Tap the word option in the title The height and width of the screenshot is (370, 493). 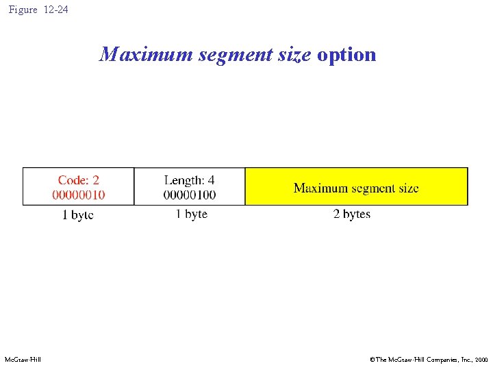tap(346, 55)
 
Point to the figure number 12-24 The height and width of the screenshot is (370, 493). tap(55, 10)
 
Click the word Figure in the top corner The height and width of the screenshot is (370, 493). tap(23, 10)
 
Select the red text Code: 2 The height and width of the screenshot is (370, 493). tap(79, 180)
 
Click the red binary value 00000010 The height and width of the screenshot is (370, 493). tap(79, 195)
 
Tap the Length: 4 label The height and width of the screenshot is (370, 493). tap(189, 180)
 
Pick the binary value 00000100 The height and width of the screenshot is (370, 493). tap(190, 195)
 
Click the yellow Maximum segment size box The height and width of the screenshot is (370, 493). tap(356, 186)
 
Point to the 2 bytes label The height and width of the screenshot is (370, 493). tap(352, 214)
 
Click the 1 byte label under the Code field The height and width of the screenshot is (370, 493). tap(78, 215)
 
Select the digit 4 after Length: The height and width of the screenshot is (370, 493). tap(211, 180)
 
